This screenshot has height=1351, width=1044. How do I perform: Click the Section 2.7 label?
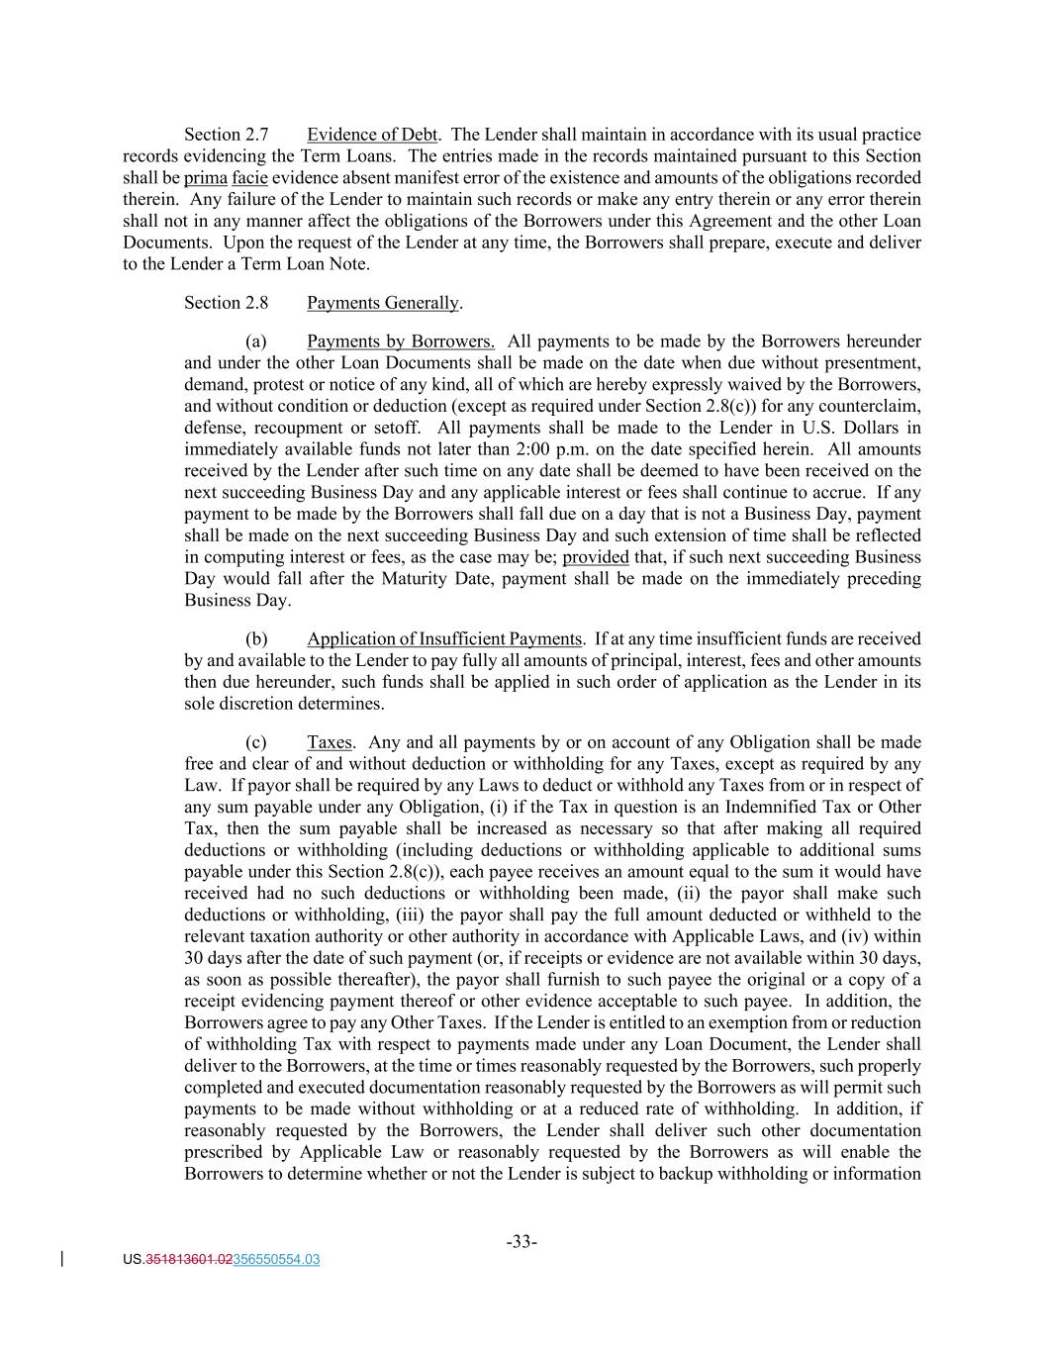[x=226, y=135]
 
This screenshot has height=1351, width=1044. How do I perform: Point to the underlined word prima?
[x=206, y=178]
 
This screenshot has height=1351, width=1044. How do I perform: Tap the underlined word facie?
[x=249, y=178]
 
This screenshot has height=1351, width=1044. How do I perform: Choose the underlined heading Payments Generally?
[x=383, y=303]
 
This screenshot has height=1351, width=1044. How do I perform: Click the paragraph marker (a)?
[x=256, y=341]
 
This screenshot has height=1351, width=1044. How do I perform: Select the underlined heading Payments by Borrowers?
[x=401, y=341]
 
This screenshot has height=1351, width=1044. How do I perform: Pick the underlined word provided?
[x=596, y=557]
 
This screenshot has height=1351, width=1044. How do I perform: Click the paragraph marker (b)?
[x=256, y=639]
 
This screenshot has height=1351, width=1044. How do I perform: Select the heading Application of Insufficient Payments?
[x=444, y=639]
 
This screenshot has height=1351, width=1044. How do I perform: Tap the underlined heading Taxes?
[x=330, y=742]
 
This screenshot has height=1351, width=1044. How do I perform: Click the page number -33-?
[x=522, y=1242]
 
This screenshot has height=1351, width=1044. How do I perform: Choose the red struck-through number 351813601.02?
[x=189, y=1260]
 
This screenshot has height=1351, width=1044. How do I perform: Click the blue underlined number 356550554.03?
[x=276, y=1260]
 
